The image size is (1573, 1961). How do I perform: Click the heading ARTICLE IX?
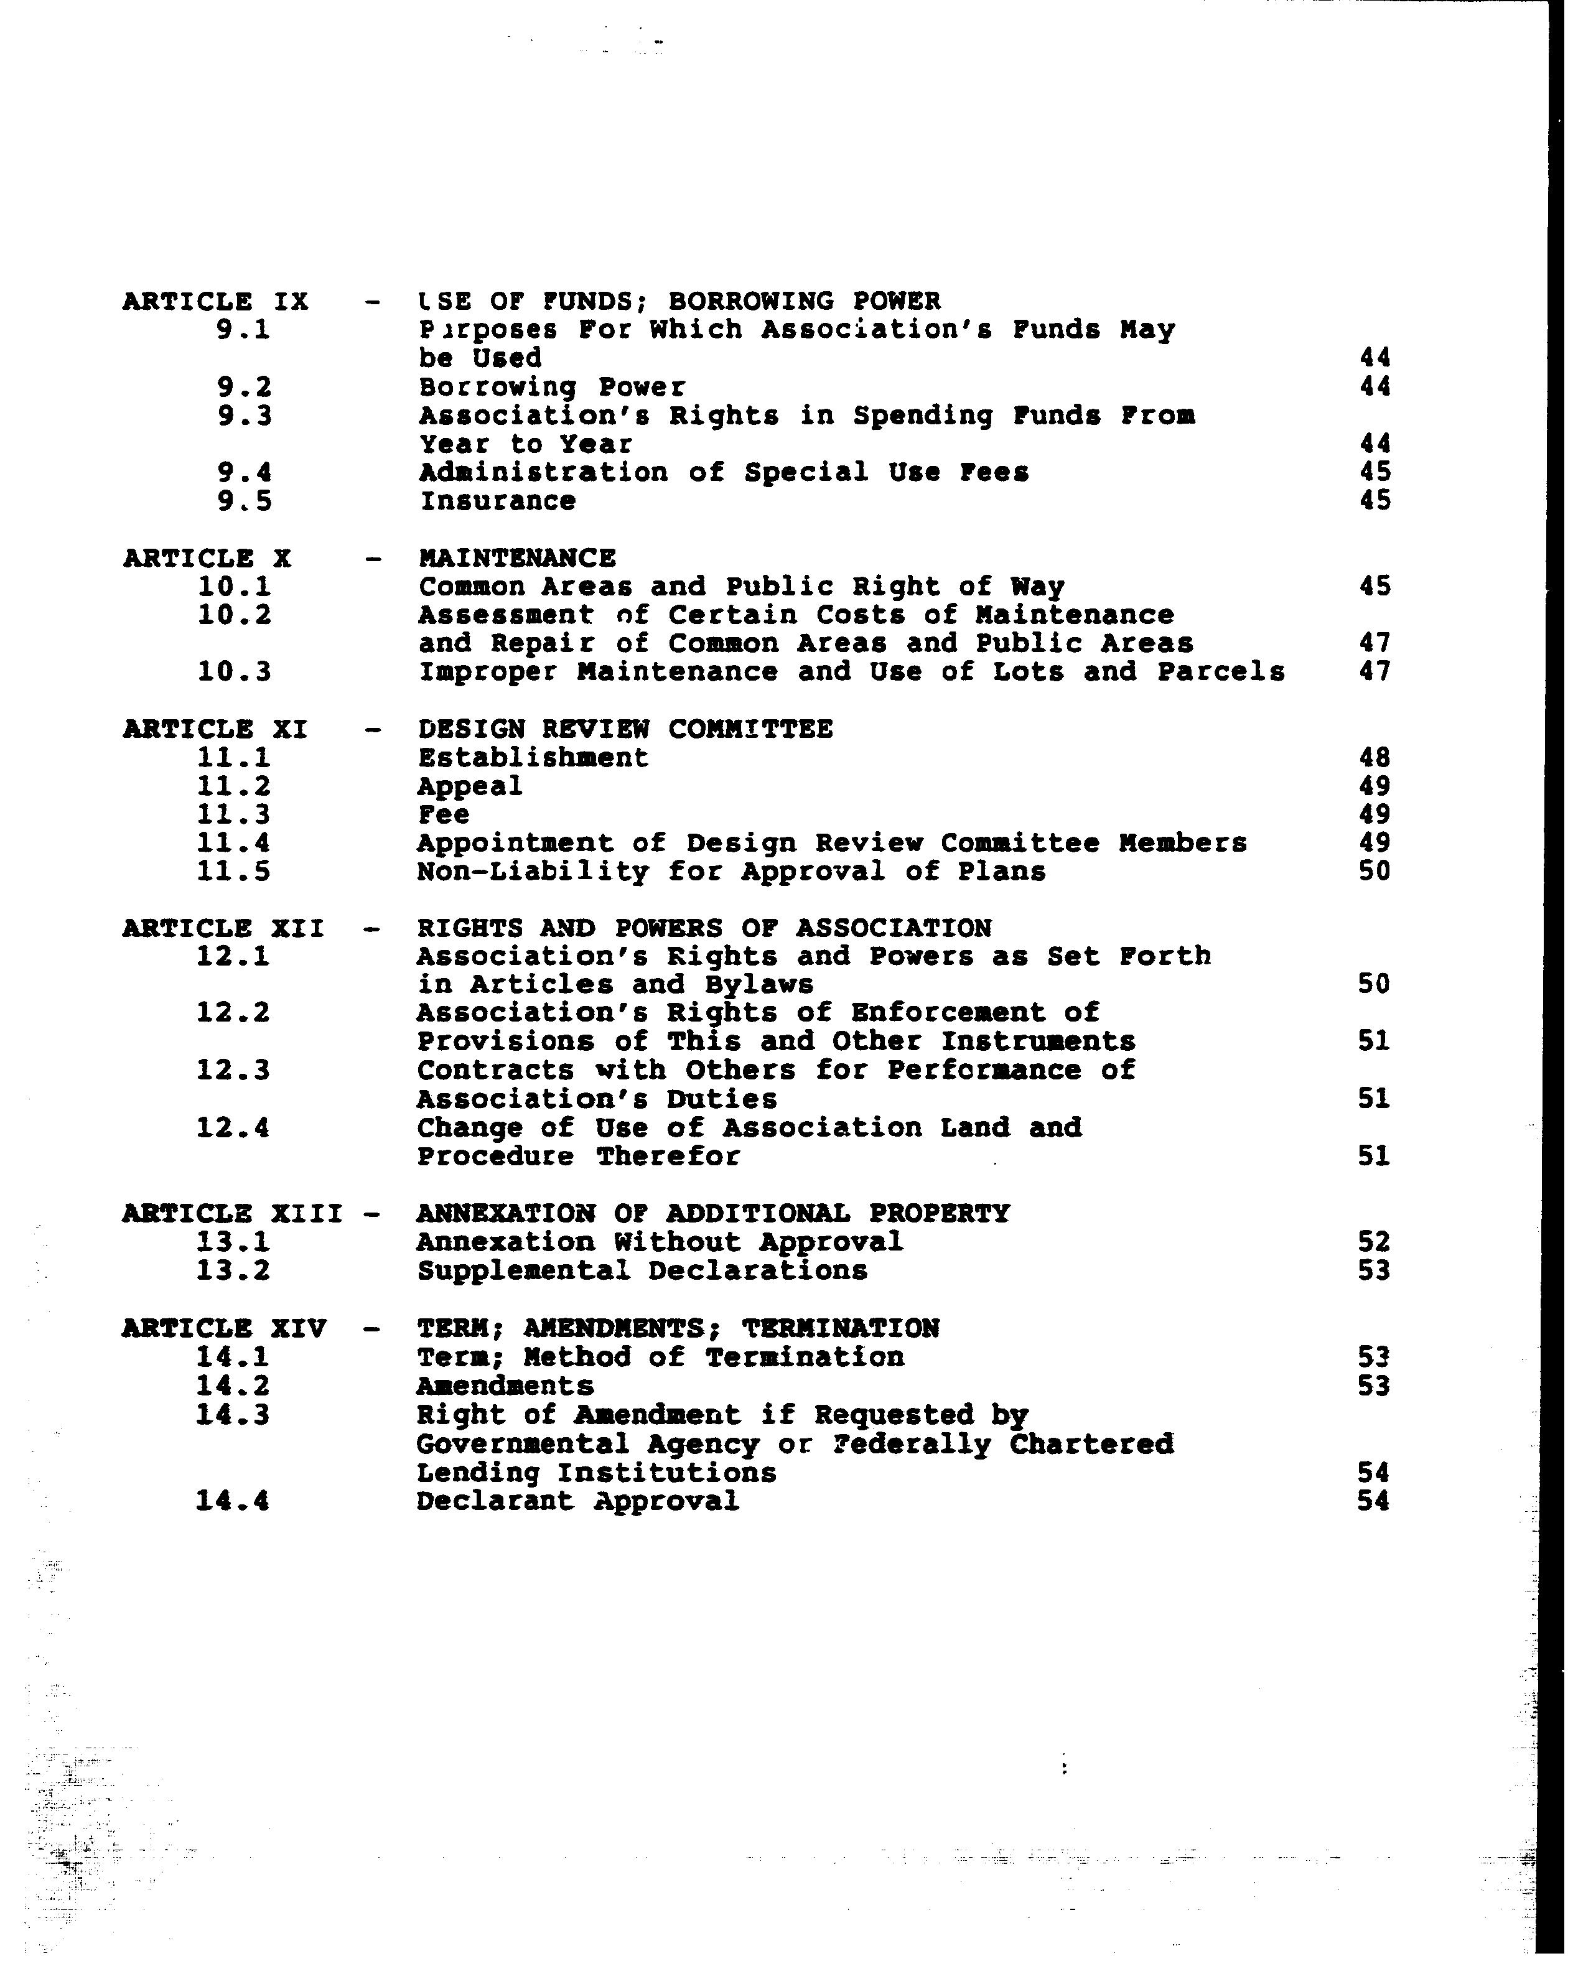pyautogui.click(x=216, y=301)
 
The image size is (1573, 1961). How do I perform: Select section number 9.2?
pyautogui.click(x=244, y=388)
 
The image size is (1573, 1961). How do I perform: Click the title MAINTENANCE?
pyautogui.click(x=516, y=557)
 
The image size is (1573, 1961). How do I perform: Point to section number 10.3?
pyautogui.click(x=234, y=672)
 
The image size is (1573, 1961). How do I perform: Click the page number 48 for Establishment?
pyautogui.click(x=1374, y=758)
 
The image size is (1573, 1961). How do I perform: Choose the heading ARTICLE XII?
pyautogui.click(x=223, y=929)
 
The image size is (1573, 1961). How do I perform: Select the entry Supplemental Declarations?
pyautogui.click(x=642, y=1270)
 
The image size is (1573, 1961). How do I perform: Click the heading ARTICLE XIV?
pyautogui.click(x=224, y=1329)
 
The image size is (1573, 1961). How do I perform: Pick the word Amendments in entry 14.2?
pyautogui.click(x=505, y=1386)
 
